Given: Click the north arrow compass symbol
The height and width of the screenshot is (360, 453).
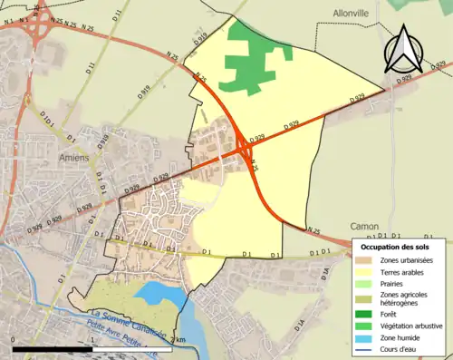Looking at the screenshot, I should point(405,50).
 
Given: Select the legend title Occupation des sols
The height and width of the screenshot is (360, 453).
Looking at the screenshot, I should point(395,247).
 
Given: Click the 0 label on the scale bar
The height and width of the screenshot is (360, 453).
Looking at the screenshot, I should point(14,340).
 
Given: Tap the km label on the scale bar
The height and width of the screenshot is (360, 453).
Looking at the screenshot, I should point(180,340).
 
